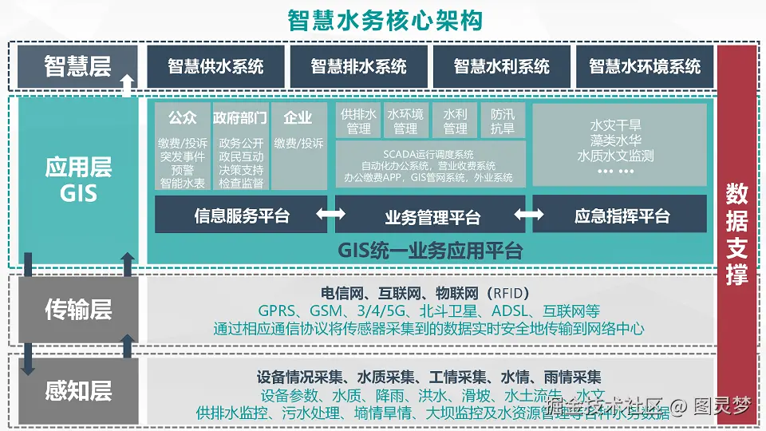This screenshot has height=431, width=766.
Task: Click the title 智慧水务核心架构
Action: (385, 20)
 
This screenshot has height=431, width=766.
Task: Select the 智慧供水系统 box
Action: (215, 66)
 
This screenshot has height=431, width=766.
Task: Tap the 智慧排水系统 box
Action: (358, 66)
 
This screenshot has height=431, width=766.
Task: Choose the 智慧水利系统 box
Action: (501, 66)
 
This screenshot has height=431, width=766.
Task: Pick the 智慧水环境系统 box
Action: (645, 66)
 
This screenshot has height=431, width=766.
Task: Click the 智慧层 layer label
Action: (77, 65)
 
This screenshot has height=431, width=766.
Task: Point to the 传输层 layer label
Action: (77, 310)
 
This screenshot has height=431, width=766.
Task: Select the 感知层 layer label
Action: (77, 391)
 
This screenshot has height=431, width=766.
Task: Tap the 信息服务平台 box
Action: (241, 215)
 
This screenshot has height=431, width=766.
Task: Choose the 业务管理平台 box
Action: (432, 215)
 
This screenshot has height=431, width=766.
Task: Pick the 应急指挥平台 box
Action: (621, 215)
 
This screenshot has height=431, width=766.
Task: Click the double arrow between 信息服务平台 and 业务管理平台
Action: (330, 215)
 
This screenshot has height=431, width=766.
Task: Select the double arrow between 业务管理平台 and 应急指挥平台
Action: (528, 215)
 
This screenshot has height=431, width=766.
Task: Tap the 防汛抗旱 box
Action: (503, 121)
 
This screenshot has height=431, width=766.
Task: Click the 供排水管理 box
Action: (358, 121)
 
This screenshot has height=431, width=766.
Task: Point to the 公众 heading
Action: (182, 117)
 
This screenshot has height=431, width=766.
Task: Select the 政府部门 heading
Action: (240, 117)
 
